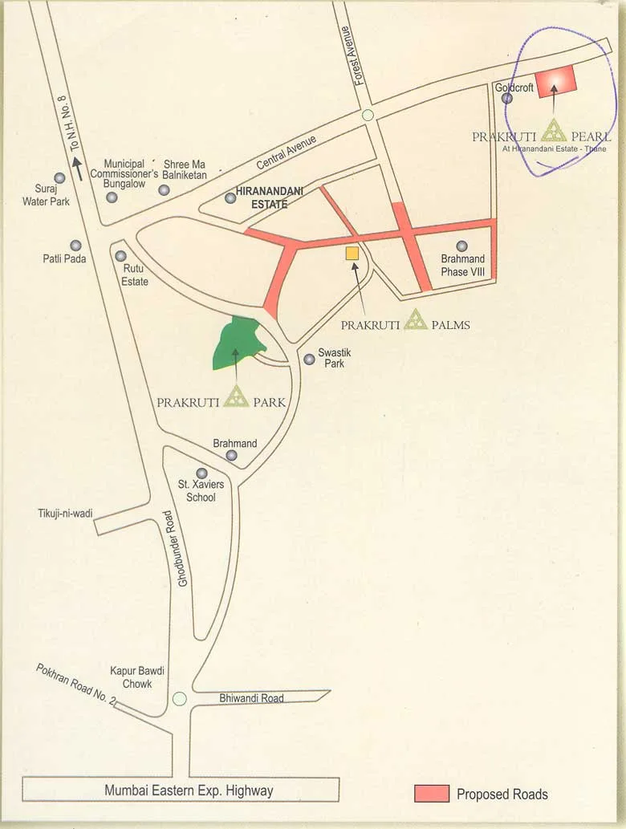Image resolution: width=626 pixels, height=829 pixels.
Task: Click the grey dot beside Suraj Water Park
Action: click(59, 178)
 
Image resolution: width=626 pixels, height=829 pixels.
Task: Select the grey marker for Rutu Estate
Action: click(120, 256)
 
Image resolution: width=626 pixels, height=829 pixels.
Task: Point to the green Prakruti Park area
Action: click(237, 343)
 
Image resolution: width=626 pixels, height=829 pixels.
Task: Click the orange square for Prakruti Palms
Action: click(352, 254)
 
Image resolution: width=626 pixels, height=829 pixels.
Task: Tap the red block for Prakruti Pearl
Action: click(557, 81)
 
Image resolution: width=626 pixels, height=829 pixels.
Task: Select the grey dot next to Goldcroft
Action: click(507, 98)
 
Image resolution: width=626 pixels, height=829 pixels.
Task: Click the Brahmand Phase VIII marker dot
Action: click(461, 246)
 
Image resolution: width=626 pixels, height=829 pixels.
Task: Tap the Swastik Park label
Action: click(331, 358)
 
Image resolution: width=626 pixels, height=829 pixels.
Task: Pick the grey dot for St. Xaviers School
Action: click(201, 473)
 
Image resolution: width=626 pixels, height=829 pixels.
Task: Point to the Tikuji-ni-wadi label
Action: click(65, 514)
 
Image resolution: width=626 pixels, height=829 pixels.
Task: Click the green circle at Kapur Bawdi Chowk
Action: click(180, 698)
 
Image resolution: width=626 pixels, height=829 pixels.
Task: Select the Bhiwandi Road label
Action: click(251, 698)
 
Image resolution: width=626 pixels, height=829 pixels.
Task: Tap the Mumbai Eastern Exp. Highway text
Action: click(189, 790)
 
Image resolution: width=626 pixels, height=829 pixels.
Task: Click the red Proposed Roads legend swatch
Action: click(432, 794)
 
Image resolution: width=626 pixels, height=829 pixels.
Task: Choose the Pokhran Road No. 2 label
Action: click(76, 685)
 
